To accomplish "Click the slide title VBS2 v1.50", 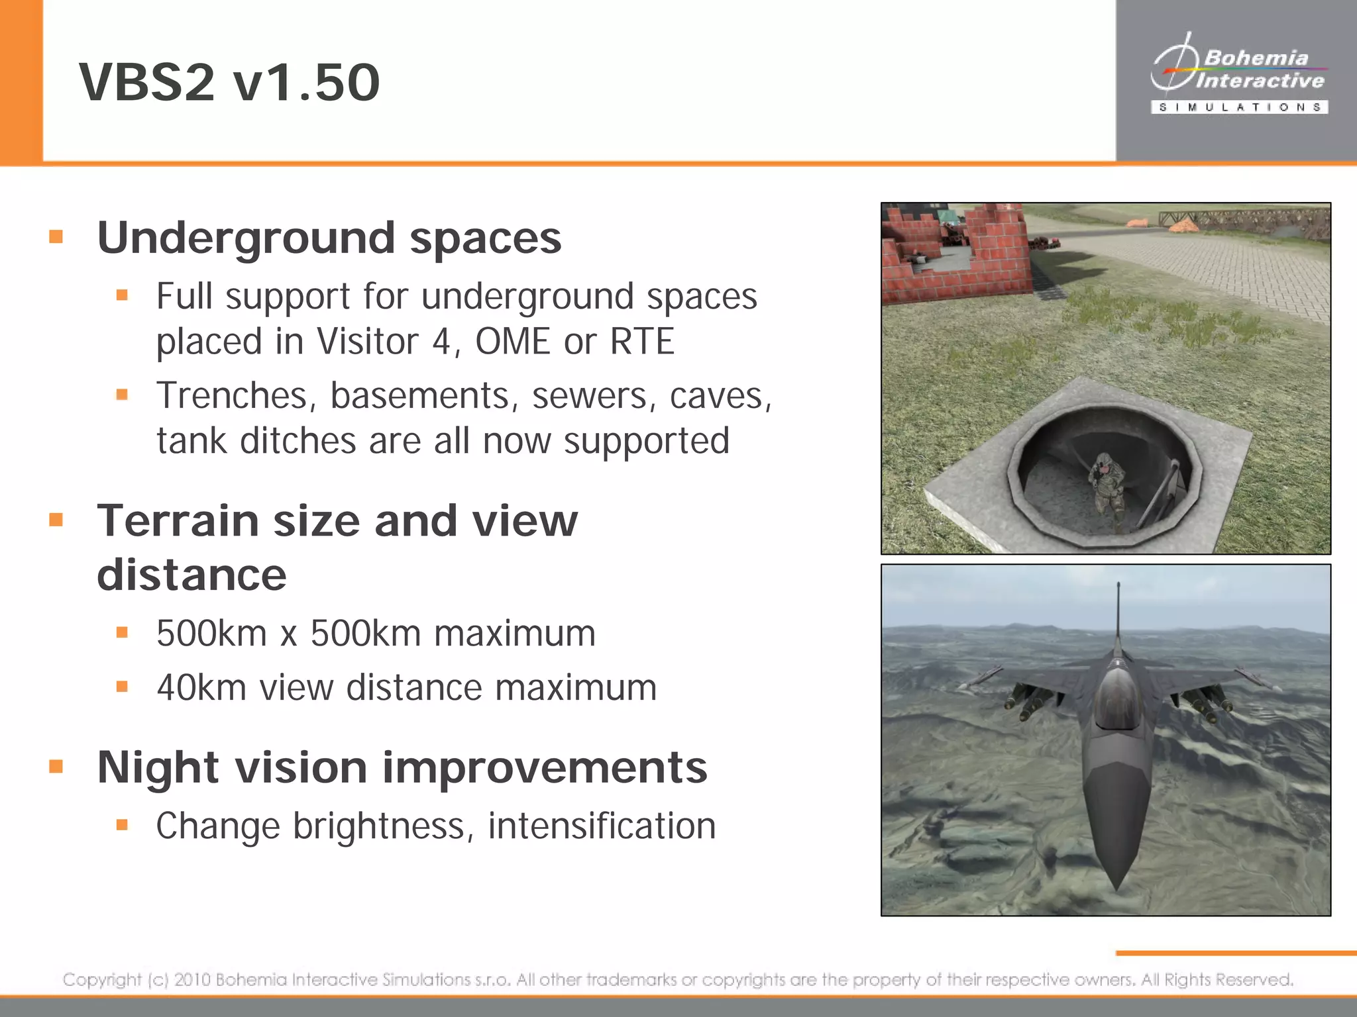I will (x=229, y=82).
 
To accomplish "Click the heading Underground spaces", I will (x=329, y=238).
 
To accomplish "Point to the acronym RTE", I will (x=641, y=342).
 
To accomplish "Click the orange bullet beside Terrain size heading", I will (x=56, y=520).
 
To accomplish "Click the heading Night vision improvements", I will (x=402, y=767).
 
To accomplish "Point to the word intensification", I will (x=602, y=826).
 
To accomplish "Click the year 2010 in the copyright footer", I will (x=192, y=979).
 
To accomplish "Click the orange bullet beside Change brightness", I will (x=122, y=825).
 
